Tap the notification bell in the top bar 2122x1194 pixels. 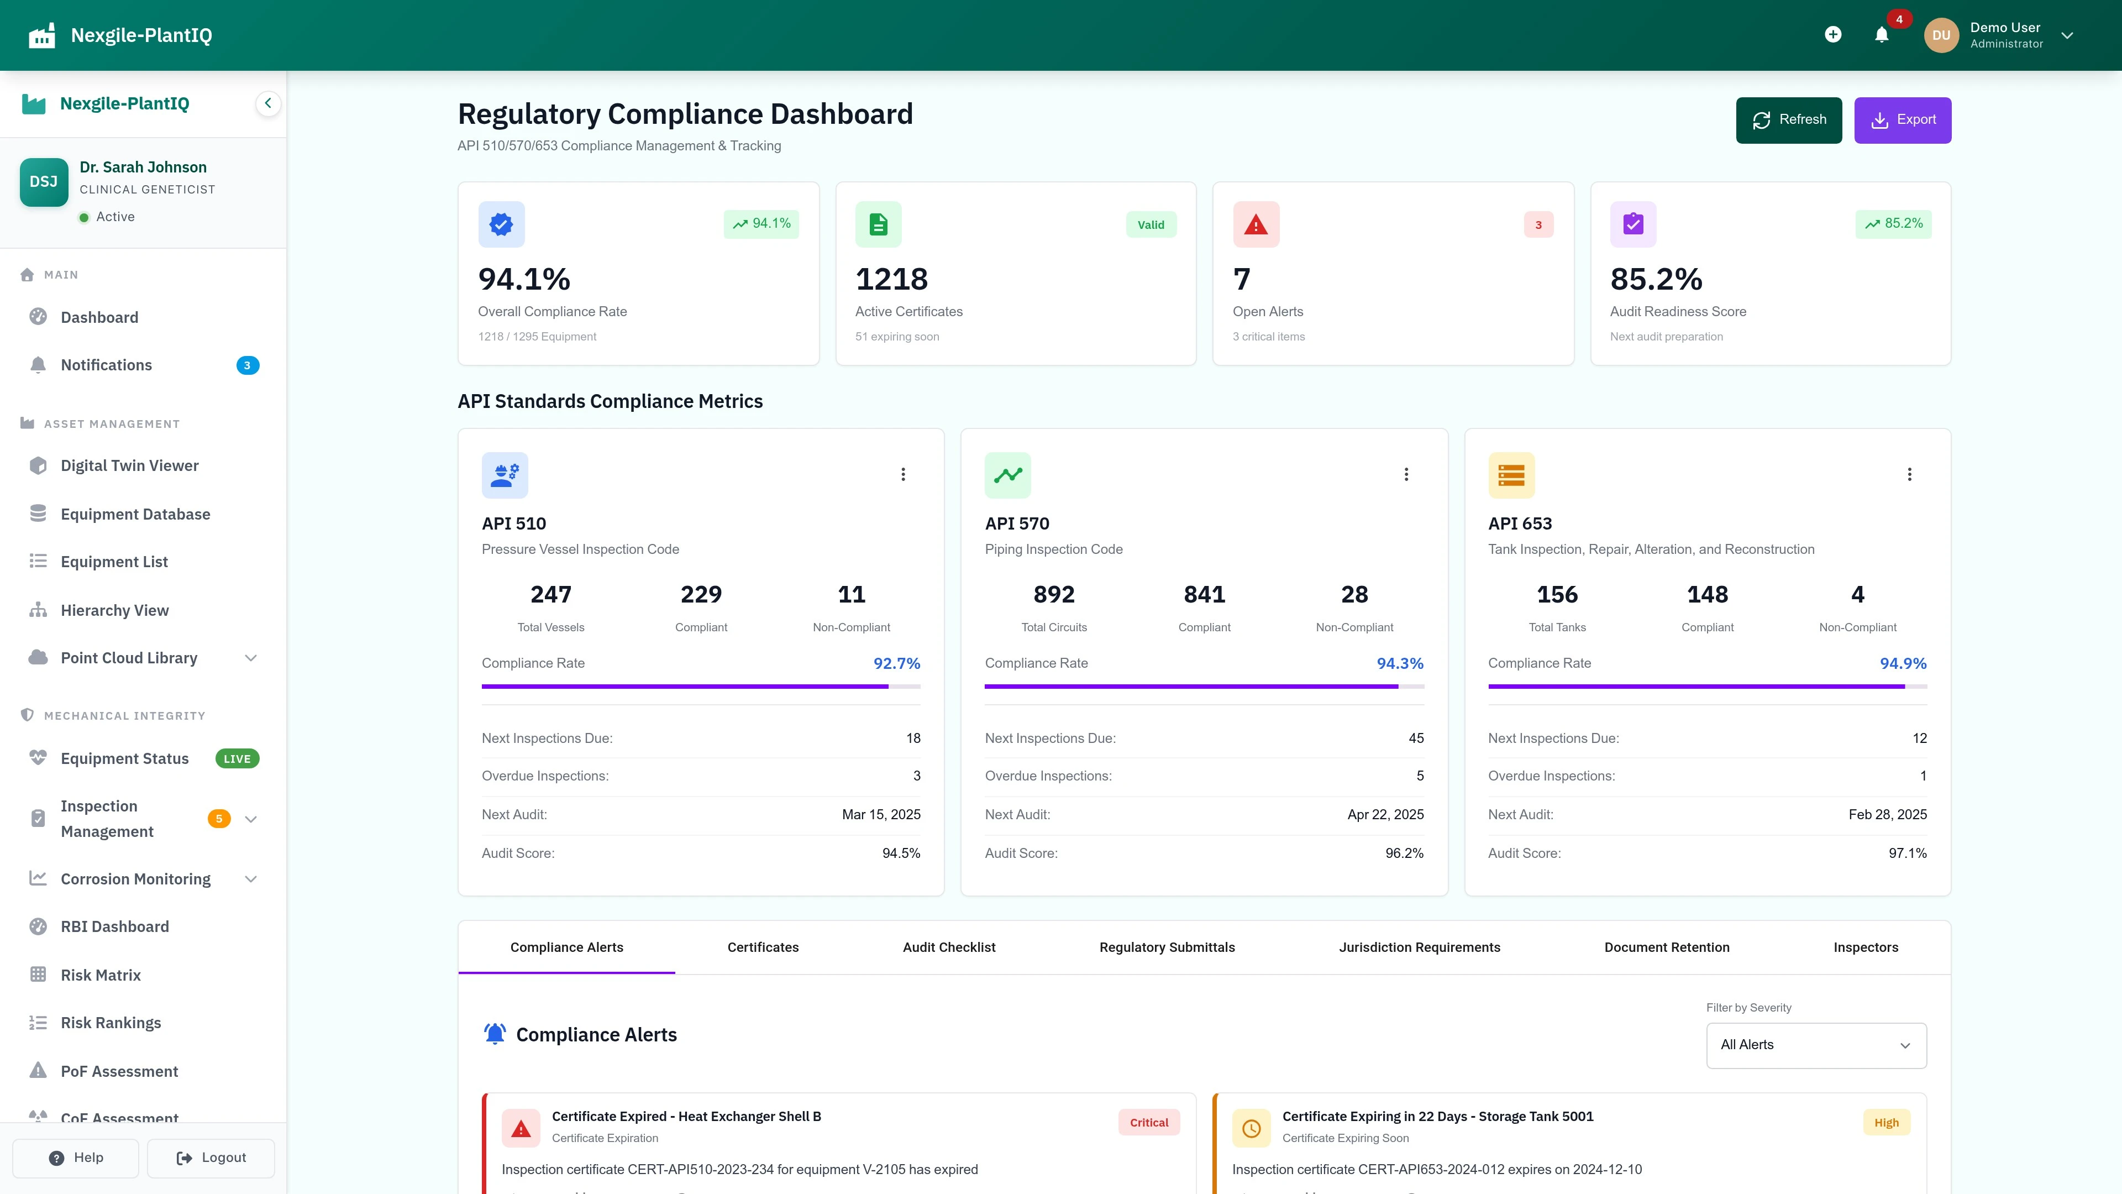[x=1882, y=35]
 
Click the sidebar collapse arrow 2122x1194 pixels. [x=267, y=104]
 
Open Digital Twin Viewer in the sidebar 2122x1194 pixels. [x=129, y=465]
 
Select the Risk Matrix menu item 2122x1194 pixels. [x=101, y=975]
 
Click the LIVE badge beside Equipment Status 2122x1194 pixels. [x=237, y=759]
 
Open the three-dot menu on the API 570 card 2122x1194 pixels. [x=1406, y=475]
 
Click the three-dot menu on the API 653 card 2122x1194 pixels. [x=1909, y=475]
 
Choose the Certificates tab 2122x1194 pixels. [x=763, y=947]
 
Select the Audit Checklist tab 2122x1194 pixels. [x=949, y=947]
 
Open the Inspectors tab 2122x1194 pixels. [x=1866, y=947]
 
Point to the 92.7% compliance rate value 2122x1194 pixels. [x=896, y=663]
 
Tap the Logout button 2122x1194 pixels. [x=212, y=1158]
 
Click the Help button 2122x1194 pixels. [x=76, y=1158]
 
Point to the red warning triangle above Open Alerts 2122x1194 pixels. [x=1256, y=224]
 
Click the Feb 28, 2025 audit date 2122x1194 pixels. [x=1887, y=814]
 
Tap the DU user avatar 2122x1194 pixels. [x=1941, y=35]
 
